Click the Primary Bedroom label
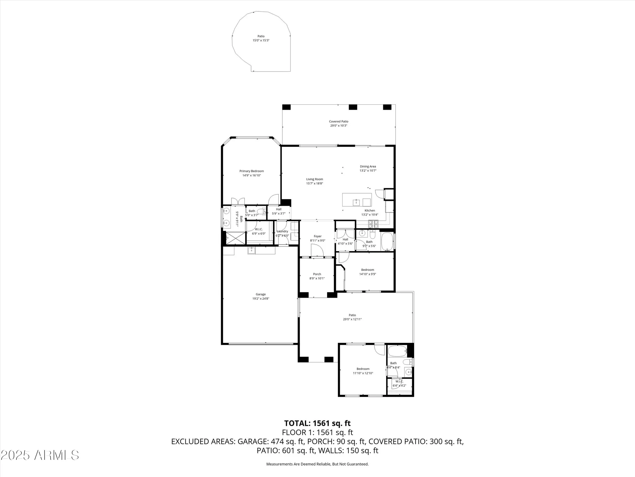coord(251,171)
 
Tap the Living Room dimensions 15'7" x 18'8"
coord(314,183)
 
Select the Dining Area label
coord(368,166)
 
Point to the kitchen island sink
coord(357,202)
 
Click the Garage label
coord(261,294)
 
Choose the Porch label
coord(317,274)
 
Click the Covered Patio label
coord(338,121)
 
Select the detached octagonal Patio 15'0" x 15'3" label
coord(261,36)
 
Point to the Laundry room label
coord(282,232)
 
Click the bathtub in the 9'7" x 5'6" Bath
coord(387,241)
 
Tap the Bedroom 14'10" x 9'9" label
coord(367,270)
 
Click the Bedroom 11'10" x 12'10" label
coord(363,369)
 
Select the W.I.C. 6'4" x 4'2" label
coord(399,382)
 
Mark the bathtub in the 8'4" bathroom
coord(397,351)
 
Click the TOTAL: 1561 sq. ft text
coord(317,423)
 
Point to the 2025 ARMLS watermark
coord(39,455)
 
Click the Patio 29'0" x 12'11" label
coord(352,315)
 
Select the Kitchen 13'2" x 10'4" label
coord(370,211)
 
